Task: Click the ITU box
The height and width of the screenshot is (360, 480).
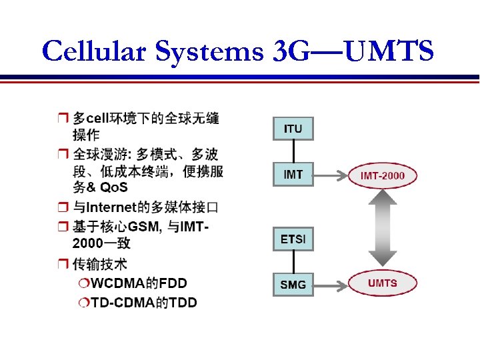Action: tap(293, 128)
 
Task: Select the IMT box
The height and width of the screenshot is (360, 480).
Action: tap(293, 175)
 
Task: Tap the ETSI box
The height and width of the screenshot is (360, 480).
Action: tap(293, 239)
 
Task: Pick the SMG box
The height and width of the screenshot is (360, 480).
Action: tap(293, 285)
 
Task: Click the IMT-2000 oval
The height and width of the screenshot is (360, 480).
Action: tap(383, 176)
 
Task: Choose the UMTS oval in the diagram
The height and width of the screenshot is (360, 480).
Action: tap(382, 283)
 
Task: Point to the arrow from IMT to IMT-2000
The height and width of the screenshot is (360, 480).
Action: tap(330, 176)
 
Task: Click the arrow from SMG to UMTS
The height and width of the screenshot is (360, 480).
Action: tap(330, 285)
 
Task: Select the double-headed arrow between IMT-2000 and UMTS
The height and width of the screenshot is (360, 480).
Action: tap(383, 229)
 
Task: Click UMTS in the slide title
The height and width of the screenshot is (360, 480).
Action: tap(390, 51)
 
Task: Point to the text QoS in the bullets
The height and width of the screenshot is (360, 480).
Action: tap(113, 186)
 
